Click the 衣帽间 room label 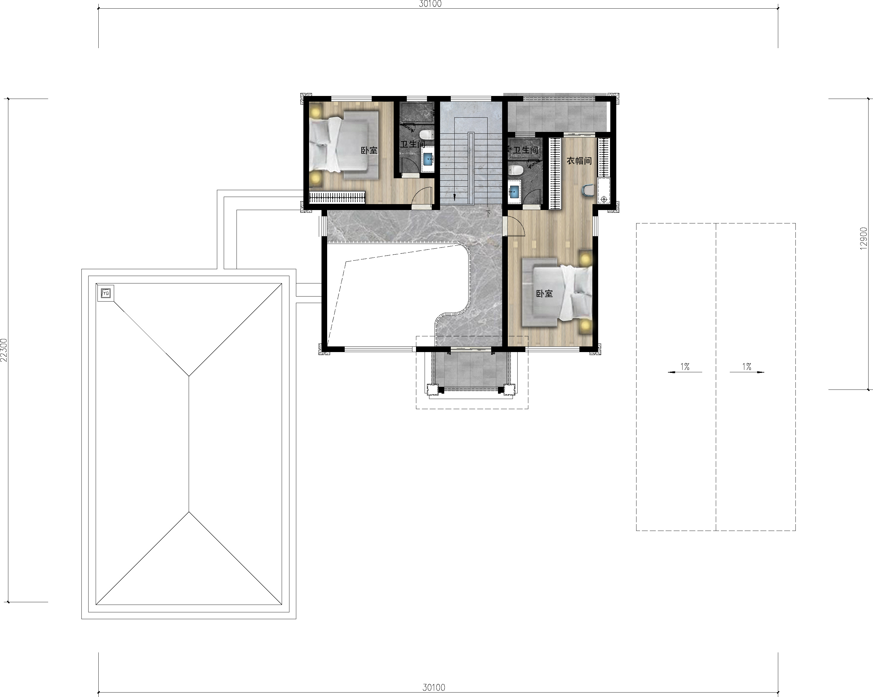(x=579, y=161)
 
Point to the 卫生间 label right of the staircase (x=526, y=150)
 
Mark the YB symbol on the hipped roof (x=106, y=293)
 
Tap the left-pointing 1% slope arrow (x=685, y=372)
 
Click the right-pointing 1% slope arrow (x=747, y=372)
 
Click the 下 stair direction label (x=488, y=213)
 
